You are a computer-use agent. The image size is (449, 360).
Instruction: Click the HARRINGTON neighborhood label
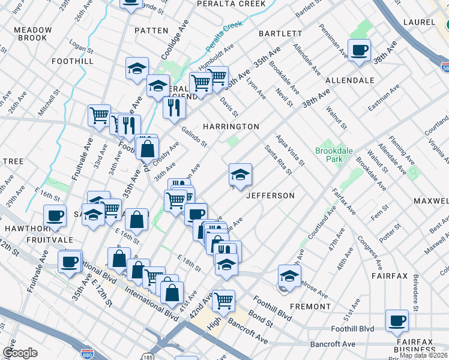[231, 127]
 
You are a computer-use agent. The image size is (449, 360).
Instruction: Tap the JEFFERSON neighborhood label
[270, 196]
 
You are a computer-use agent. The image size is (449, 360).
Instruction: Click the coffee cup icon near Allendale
[359, 51]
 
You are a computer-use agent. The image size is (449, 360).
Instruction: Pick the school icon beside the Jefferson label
[240, 175]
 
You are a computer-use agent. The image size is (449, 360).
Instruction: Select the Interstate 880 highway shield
[88, 354]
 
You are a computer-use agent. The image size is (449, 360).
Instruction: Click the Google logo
[20, 353]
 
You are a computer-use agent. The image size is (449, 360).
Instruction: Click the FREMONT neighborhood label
[310, 307]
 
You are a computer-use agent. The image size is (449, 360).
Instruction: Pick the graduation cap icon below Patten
[137, 69]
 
